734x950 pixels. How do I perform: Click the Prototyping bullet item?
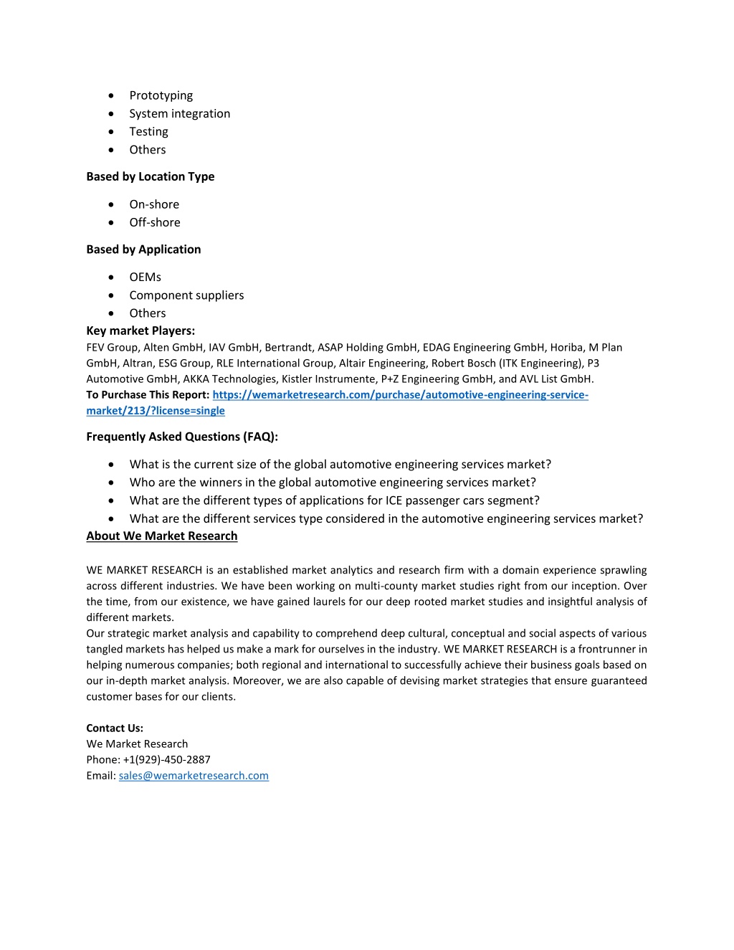point(161,95)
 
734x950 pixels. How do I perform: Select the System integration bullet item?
point(179,113)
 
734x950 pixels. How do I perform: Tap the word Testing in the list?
point(148,131)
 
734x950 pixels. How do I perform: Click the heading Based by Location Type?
point(150,176)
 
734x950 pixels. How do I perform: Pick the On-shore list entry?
point(154,204)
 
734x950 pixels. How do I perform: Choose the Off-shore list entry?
point(155,222)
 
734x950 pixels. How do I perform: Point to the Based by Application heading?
point(143,250)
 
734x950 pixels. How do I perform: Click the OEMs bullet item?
point(145,277)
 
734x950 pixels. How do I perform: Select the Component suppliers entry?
point(186,295)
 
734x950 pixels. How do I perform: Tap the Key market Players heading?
point(140,331)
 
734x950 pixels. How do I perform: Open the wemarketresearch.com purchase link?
point(400,395)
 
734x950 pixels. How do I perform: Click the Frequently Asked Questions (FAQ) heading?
point(182,437)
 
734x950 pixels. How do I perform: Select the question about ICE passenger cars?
point(334,500)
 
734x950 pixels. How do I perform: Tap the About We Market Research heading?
point(161,536)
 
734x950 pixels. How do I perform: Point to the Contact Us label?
point(115,728)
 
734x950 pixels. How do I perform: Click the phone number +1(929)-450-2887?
point(166,759)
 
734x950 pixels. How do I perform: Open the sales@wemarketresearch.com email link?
point(194,775)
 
